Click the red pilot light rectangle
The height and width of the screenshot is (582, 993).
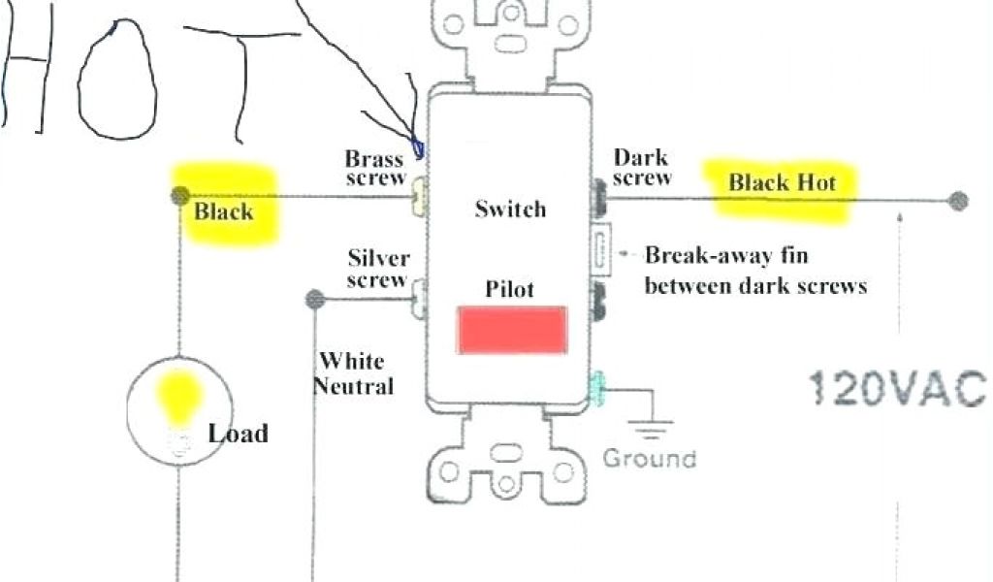click(x=512, y=329)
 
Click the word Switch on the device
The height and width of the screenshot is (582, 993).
click(x=510, y=209)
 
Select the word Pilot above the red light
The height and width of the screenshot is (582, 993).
click(x=510, y=289)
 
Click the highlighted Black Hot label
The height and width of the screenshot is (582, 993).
click(x=782, y=182)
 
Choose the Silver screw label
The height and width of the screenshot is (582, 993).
click(x=379, y=269)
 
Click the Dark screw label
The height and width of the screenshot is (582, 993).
click(x=642, y=167)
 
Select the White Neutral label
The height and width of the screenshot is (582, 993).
click(x=356, y=373)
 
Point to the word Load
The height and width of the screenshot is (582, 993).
click(x=238, y=433)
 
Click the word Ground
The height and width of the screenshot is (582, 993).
click(x=649, y=458)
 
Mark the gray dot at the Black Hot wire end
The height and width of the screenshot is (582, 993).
click(x=958, y=201)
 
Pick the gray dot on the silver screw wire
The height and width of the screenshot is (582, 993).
click(x=313, y=299)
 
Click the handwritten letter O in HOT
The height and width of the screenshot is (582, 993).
click(x=114, y=78)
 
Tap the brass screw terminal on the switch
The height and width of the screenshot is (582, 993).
click(x=421, y=198)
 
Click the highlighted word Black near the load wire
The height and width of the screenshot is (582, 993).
click(x=224, y=211)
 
